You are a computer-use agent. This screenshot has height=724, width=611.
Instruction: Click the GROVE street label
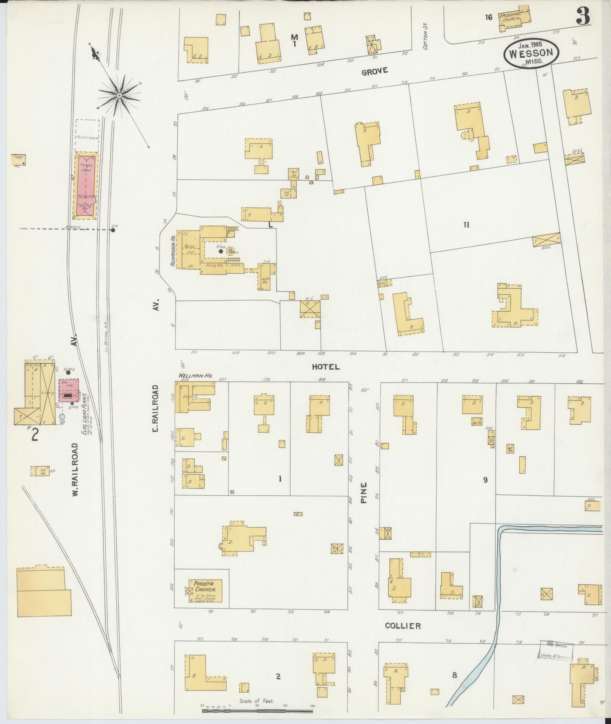(x=374, y=71)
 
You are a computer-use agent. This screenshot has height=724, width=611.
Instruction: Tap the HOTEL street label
(x=326, y=367)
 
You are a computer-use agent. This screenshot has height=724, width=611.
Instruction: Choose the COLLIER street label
(x=403, y=626)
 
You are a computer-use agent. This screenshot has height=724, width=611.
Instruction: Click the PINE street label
(x=364, y=492)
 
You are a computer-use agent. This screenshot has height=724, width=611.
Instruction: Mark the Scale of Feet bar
(x=257, y=711)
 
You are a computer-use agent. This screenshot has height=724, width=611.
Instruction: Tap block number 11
(x=466, y=225)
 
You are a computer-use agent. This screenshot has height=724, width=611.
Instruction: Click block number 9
(x=485, y=480)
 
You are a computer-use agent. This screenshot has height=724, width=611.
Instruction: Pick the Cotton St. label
(x=425, y=40)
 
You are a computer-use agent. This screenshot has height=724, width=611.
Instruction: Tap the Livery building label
(x=47, y=393)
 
